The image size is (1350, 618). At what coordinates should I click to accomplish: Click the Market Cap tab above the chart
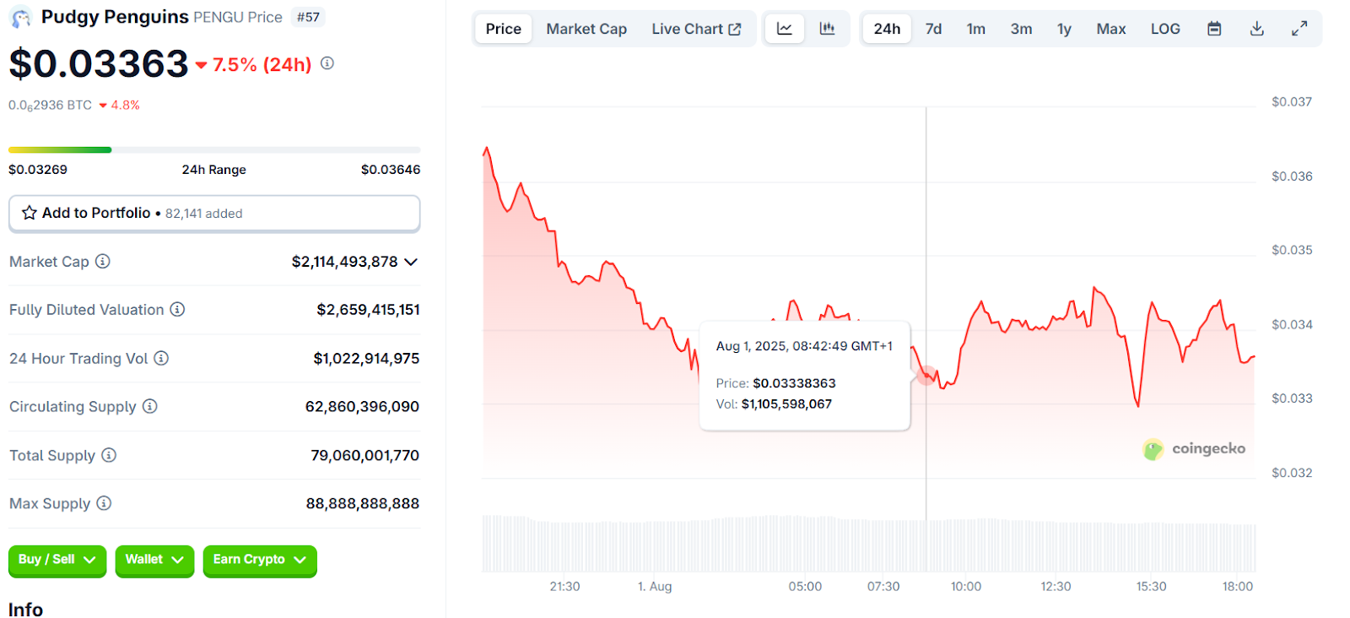[586, 29]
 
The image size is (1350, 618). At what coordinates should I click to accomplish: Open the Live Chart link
[696, 29]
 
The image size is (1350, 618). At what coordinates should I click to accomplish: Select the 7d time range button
[933, 29]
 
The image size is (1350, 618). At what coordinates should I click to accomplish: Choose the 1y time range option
[1064, 29]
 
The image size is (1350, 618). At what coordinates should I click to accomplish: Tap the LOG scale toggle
[1165, 29]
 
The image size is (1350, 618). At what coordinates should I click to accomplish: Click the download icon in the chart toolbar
[1256, 29]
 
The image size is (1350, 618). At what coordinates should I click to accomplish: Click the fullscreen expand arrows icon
[1299, 29]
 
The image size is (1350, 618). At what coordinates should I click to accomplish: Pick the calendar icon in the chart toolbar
[1214, 29]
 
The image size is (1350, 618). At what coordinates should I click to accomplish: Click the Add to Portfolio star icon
[30, 213]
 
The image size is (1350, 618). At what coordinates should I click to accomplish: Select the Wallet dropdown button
[154, 560]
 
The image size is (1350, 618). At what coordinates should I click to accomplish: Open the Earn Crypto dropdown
[259, 560]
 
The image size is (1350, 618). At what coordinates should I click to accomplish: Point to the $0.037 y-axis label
[1291, 102]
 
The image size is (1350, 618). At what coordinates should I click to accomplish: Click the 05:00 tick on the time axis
[805, 586]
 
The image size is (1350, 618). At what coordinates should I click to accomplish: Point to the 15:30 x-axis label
[1151, 586]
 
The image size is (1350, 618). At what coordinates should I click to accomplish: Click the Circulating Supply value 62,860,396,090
[362, 407]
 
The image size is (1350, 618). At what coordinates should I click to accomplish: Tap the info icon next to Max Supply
[104, 503]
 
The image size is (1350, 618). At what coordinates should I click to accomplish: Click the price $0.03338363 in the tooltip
[794, 383]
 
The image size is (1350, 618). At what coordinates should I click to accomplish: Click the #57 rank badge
[308, 17]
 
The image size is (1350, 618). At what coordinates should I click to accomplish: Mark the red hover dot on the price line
[926, 376]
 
